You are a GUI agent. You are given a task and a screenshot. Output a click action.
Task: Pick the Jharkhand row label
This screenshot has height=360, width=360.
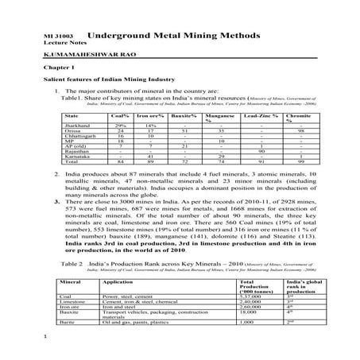(77, 126)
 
